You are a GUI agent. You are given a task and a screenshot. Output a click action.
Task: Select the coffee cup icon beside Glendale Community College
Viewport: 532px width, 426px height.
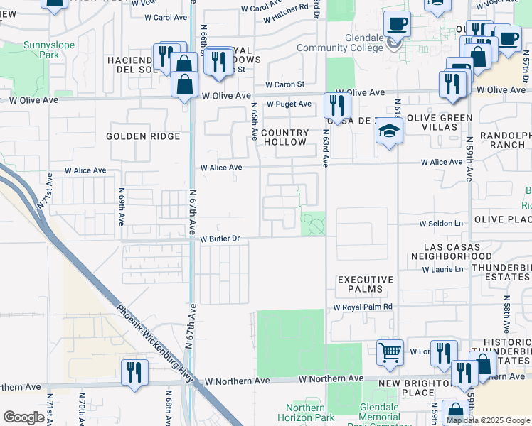coord(397,24)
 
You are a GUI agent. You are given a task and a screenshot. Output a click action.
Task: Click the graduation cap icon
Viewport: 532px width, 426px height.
coord(389,131)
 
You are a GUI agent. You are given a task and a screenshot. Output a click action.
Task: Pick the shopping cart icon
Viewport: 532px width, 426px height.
coord(390,352)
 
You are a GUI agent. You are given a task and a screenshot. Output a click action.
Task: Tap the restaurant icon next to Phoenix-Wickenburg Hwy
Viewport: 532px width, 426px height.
coord(134,371)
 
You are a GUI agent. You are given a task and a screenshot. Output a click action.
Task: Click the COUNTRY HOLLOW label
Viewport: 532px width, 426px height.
coord(284,137)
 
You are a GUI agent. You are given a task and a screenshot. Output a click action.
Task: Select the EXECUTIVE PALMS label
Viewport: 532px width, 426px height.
coord(360,284)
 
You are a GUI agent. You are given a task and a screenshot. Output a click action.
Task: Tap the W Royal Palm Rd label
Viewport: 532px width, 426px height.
coord(363,307)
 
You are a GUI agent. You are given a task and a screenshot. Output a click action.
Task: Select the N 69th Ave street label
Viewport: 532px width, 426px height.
coord(122,207)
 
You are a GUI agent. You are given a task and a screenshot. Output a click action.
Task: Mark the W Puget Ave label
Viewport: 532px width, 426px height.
coord(289,104)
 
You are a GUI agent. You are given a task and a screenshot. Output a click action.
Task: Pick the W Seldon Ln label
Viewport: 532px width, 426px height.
coord(440,224)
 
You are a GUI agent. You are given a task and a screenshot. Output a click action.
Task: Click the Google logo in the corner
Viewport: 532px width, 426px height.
coord(23,417)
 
